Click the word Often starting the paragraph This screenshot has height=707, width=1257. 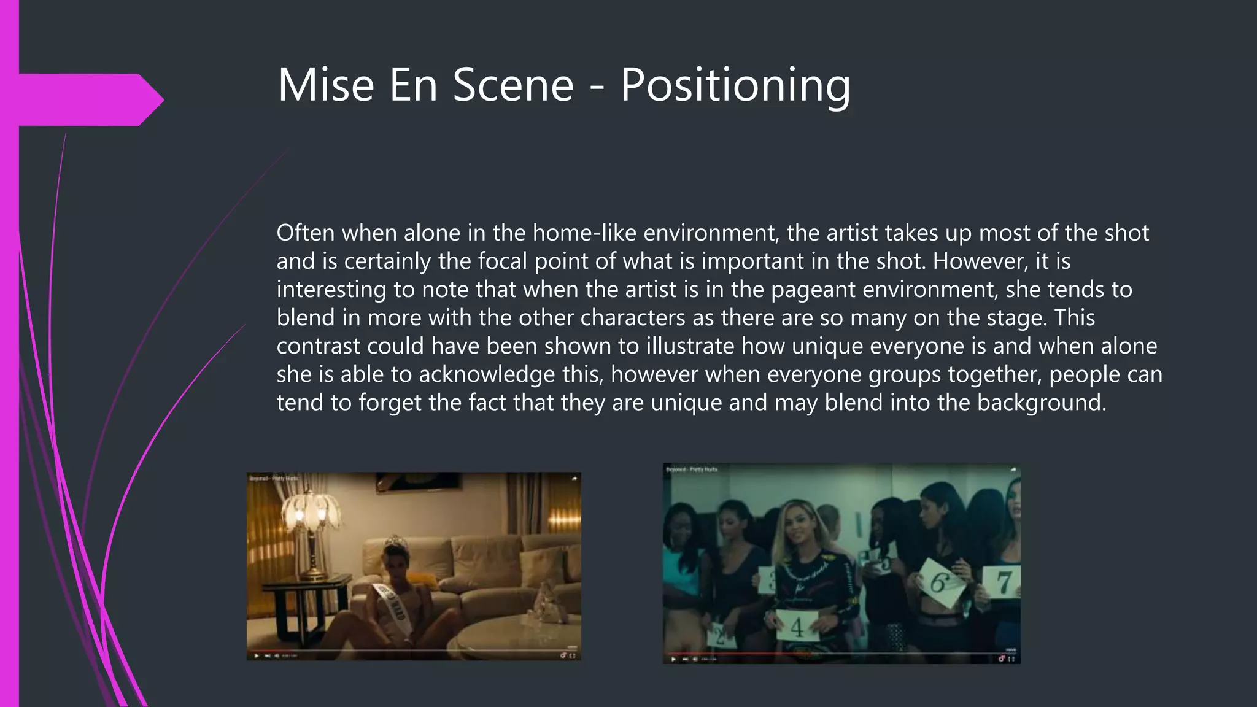pos(305,233)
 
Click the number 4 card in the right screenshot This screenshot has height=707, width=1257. pos(796,626)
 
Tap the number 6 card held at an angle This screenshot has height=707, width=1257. pos(939,581)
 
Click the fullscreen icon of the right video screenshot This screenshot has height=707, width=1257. pos(1011,659)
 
